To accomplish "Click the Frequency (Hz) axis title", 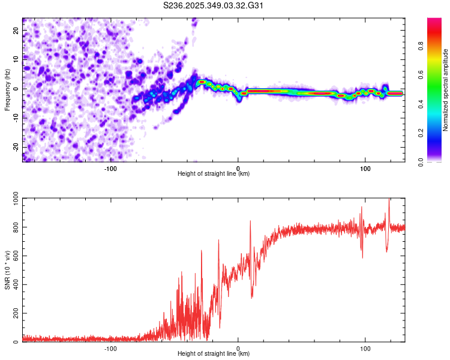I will pos(7,89).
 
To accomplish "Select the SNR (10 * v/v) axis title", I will pos(7,269).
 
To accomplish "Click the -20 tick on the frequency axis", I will pos(16,147).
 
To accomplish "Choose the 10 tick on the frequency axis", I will pos(17,59).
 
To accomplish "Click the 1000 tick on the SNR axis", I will pos(12,199).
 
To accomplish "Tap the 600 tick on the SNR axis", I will pos(14,256).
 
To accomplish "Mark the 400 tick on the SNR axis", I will pos(14,285).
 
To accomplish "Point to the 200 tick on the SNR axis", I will pos(14,314).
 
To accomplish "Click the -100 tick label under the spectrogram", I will pos(110,167).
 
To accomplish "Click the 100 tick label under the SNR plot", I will pos(365,347).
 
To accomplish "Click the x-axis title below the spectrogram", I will pos(214,174).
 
